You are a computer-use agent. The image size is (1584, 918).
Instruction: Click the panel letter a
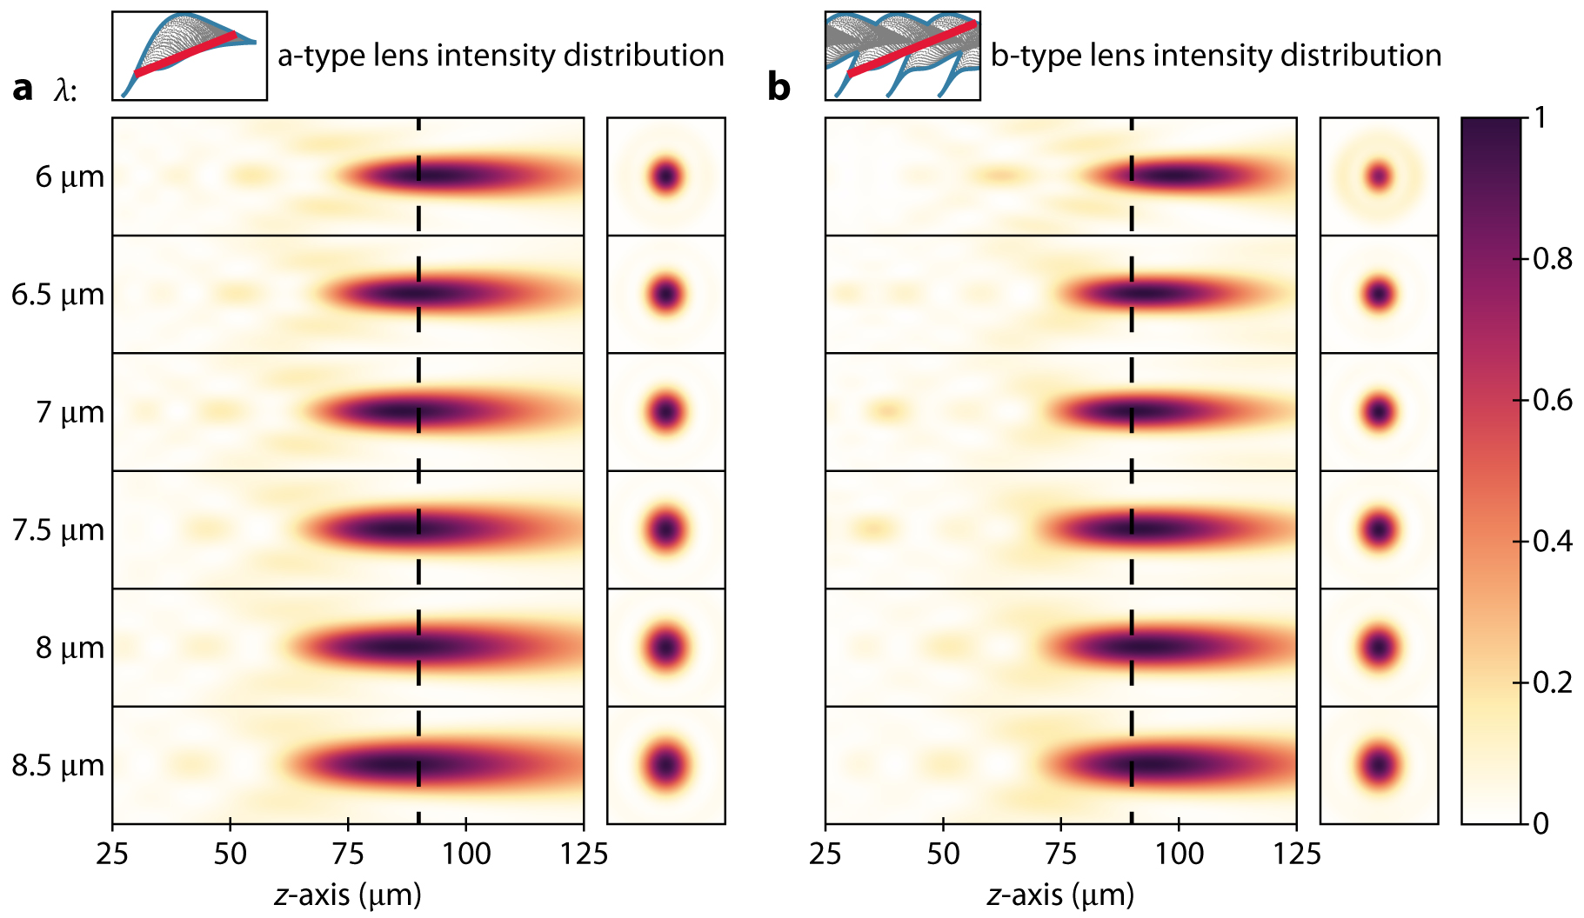23,88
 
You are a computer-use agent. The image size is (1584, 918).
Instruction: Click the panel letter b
779,88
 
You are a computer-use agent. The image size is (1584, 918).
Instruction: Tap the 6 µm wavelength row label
70,177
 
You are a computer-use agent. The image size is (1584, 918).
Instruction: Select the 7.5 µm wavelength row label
57,530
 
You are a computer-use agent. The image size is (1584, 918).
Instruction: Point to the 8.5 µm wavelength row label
57,766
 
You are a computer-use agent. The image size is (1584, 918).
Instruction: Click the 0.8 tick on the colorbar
1552,259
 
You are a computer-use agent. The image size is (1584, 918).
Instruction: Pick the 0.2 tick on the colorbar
1552,682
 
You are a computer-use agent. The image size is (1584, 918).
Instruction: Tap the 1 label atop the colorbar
1541,117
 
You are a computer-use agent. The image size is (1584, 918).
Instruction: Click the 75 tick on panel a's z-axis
348,854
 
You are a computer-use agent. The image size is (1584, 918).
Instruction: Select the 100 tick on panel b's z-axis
1179,854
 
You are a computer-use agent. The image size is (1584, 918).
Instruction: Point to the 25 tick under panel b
825,854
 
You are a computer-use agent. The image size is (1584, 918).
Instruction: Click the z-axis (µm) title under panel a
348,895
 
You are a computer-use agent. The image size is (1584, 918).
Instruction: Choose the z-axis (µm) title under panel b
1060,895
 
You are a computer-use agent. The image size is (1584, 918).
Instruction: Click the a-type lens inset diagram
190,56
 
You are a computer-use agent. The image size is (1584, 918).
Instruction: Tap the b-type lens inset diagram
902,56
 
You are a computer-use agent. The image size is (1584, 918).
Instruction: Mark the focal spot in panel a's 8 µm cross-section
666,648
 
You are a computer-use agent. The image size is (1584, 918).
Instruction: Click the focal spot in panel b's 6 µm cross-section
1379,177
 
